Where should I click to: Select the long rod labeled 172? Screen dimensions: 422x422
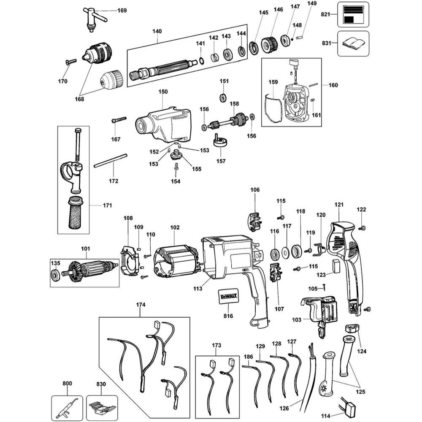[110, 161]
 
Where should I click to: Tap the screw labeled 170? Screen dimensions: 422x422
[70, 62]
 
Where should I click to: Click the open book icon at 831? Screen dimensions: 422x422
[353, 43]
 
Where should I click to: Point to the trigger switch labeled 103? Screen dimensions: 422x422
[321, 312]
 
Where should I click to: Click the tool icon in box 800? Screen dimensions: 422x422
[67, 406]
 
